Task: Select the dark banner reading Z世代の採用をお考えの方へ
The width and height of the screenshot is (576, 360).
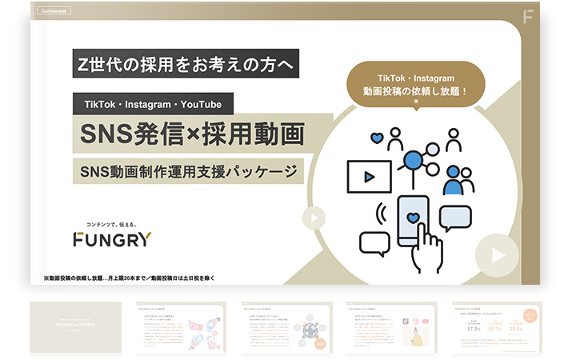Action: (173, 63)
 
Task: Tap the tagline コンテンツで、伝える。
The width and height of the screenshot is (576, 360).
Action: (120, 223)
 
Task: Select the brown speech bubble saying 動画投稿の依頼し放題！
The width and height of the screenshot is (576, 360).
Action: (416, 80)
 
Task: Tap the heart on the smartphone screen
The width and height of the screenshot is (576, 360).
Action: (412, 217)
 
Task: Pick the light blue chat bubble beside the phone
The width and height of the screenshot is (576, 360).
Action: (455, 216)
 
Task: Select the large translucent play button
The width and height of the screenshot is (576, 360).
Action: (497, 254)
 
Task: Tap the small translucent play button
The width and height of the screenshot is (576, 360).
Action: (314, 218)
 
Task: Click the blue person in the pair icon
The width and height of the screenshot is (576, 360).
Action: (454, 182)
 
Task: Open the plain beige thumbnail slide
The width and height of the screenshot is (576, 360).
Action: (75, 327)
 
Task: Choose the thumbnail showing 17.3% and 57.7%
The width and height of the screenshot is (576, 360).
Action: (497, 327)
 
